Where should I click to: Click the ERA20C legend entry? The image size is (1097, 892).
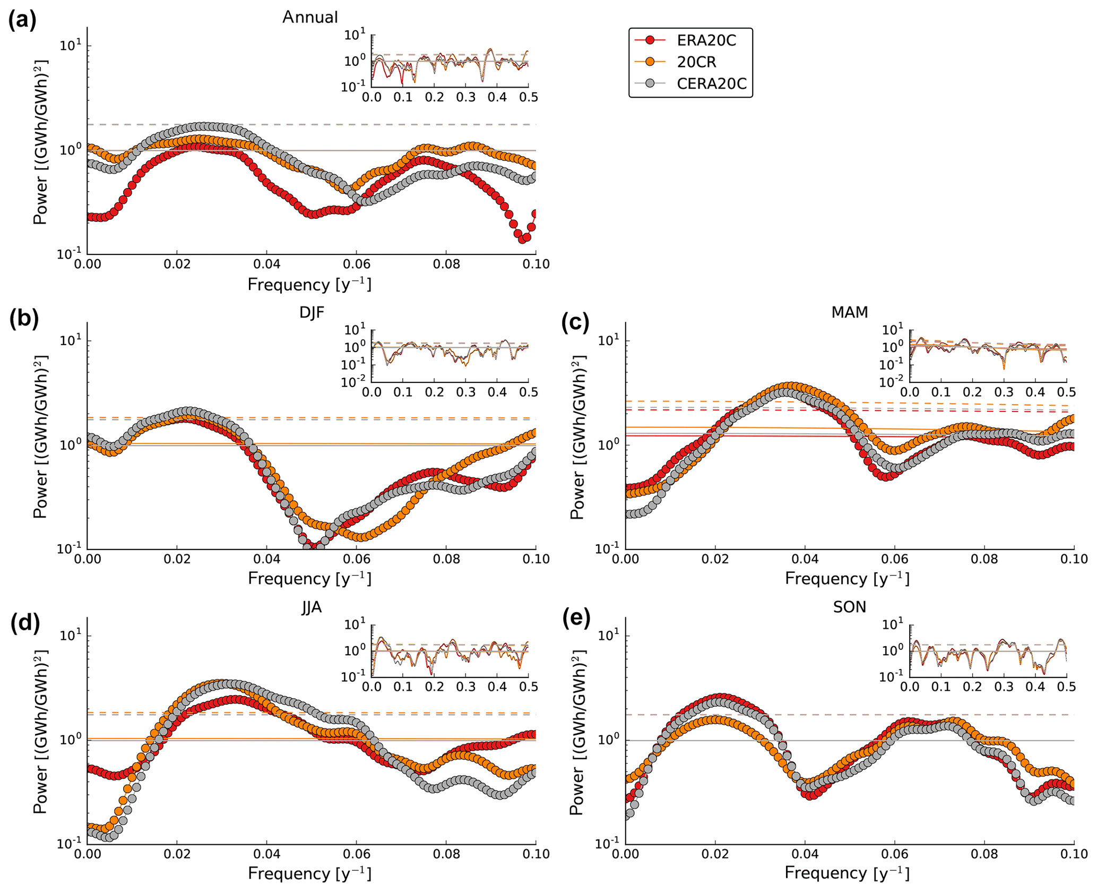click(706, 40)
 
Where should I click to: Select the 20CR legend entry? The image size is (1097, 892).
click(696, 62)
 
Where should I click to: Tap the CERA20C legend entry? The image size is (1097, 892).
click(711, 84)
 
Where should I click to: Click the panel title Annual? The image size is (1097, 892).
click(310, 18)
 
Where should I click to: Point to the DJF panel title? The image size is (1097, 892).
click(312, 312)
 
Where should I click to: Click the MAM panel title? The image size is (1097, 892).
click(849, 312)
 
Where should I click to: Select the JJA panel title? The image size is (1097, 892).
click(312, 607)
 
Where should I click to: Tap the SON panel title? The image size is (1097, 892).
click(849, 607)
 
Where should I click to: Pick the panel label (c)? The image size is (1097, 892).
click(575, 322)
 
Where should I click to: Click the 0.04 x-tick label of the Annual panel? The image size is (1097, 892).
click(266, 264)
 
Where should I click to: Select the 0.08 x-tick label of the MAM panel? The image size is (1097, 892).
click(984, 559)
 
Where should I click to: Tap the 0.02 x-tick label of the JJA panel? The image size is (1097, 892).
click(176, 854)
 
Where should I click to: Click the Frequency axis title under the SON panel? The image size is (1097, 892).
click(847, 873)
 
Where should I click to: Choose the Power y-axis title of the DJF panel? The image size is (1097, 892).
click(40, 435)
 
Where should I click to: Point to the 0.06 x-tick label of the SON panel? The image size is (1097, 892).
click(894, 854)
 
